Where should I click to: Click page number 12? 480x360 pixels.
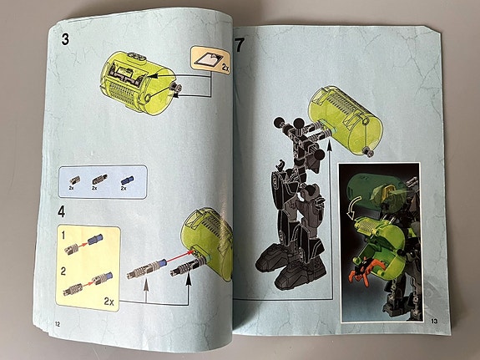tap(57, 323)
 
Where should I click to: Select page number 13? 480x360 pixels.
tap(434, 321)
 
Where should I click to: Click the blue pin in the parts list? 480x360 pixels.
tap(125, 178)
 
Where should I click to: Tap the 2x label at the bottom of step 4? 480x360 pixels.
tap(110, 297)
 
